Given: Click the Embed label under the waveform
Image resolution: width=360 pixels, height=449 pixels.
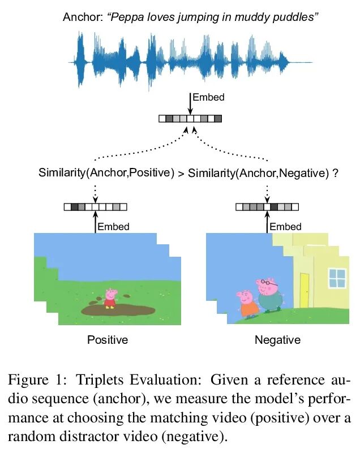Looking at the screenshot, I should point(208,97).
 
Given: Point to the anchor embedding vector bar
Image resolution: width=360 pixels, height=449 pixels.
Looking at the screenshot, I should point(190,119).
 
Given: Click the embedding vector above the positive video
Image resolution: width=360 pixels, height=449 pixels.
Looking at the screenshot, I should point(95,207).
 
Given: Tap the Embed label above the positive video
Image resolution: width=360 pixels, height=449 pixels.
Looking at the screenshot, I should point(114,227).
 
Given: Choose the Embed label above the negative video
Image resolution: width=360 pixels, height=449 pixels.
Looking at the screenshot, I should point(285,227).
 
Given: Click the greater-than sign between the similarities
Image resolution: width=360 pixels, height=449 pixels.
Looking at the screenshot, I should point(181,173).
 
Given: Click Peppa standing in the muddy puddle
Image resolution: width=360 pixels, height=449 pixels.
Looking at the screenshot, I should point(109,298).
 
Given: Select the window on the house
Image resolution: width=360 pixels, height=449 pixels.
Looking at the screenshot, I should point(337,278).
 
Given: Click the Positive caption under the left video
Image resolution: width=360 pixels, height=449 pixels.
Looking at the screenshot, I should point(108,340).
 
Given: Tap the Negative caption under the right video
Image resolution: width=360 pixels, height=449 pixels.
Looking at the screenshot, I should point(277,340).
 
